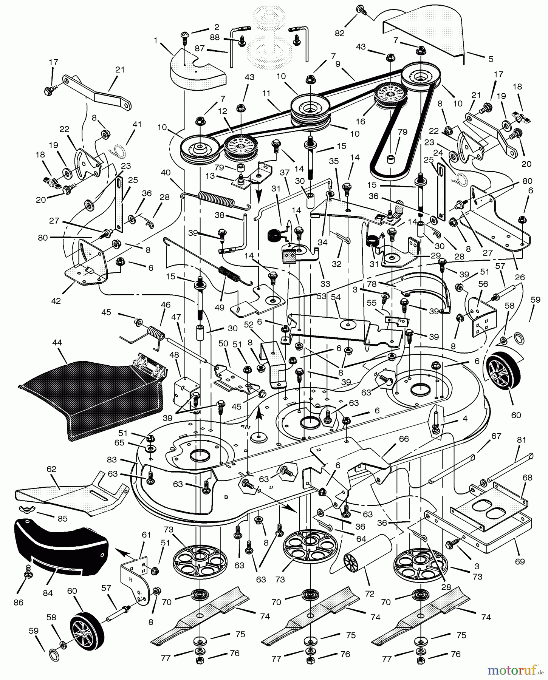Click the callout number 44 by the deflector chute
coord(57,343)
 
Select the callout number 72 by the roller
coord(370,593)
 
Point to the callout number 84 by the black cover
coord(48,593)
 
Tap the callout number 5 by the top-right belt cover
coord(491,59)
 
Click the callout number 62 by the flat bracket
coord(51,469)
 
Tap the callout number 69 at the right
coord(520,561)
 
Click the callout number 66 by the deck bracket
coord(404,439)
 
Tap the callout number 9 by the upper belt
coord(338,64)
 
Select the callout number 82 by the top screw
coord(339,33)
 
